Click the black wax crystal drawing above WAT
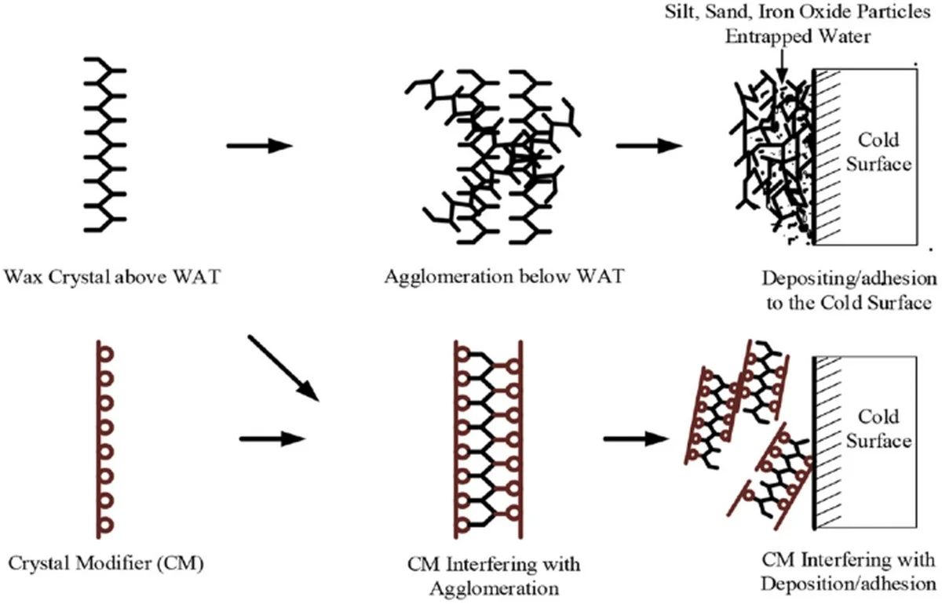[x=105, y=145]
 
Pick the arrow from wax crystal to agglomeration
[x=258, y=146]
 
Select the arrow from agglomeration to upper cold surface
[x=648, y=146]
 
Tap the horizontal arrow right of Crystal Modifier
[x=271, y=437]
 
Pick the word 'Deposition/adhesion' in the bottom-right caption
[x=849, y=583]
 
